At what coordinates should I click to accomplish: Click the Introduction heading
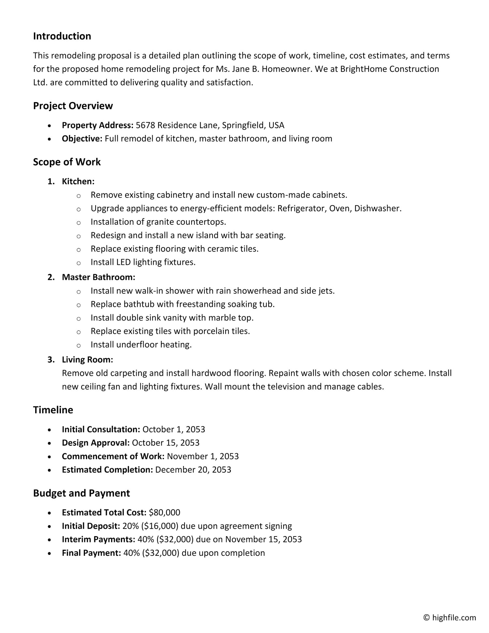(62, 36)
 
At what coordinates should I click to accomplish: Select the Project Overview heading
(73, 106)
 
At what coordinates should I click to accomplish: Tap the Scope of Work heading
(67, 162)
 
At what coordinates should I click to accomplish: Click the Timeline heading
(53, 410)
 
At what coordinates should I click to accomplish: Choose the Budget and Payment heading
(81, 493)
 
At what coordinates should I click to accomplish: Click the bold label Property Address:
(97, 125)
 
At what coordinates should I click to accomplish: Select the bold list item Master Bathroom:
(98, 277)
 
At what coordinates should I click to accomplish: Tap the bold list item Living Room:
(87, 360)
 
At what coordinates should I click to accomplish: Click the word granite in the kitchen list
(159, 222)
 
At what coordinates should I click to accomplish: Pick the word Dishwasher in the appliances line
(377, 208)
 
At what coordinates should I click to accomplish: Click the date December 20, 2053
(193, 470)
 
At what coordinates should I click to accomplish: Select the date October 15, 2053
(166, 443)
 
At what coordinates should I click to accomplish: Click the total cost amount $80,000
(164, 513)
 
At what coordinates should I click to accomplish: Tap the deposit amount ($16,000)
(160, 526)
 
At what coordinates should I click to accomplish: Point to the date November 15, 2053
(263, 539)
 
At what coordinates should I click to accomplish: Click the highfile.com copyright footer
(450, 617)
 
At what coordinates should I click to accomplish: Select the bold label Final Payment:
(91, 553)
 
